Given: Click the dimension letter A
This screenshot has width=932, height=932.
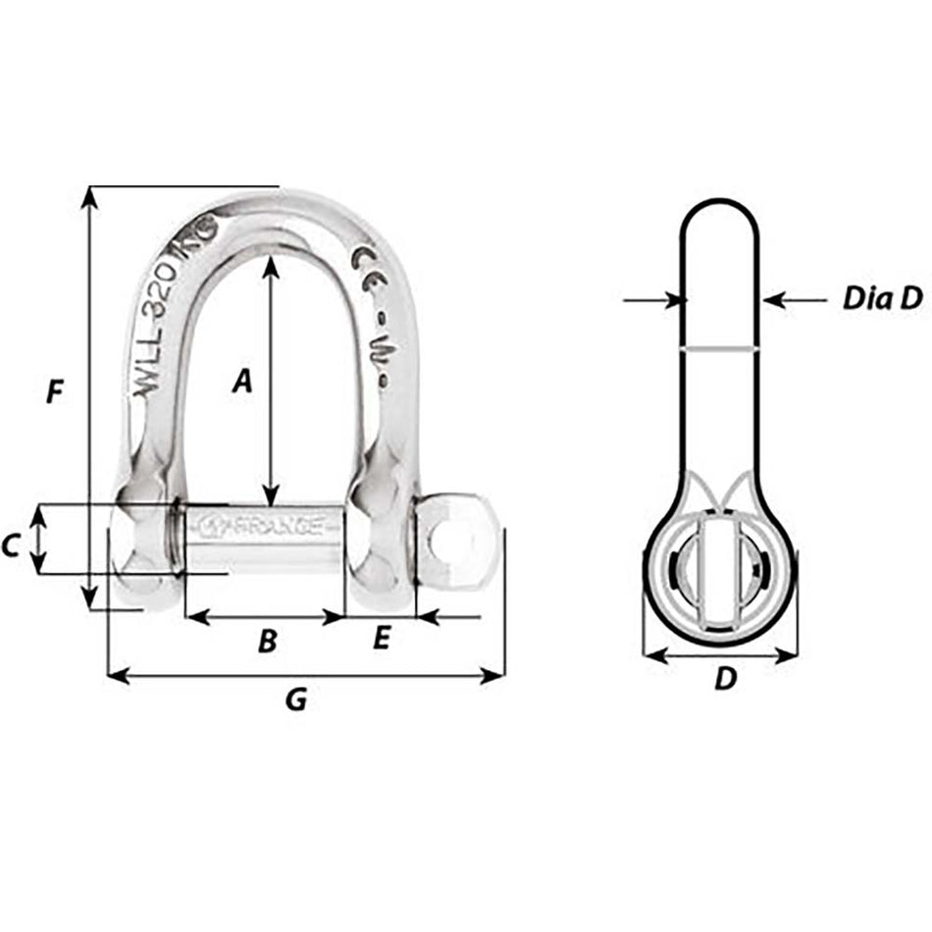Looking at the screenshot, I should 242,382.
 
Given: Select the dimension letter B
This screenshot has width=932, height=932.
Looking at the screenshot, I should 267,642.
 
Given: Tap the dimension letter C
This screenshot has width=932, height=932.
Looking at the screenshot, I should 13,545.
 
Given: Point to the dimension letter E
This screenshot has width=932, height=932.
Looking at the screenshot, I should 382,640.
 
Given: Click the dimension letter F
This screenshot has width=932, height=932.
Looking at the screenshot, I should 56,393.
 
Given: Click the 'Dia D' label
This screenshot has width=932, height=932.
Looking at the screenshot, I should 882,299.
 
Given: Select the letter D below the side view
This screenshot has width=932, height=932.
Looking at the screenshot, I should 724,678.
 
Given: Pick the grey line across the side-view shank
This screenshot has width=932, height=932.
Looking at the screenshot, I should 720,347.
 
